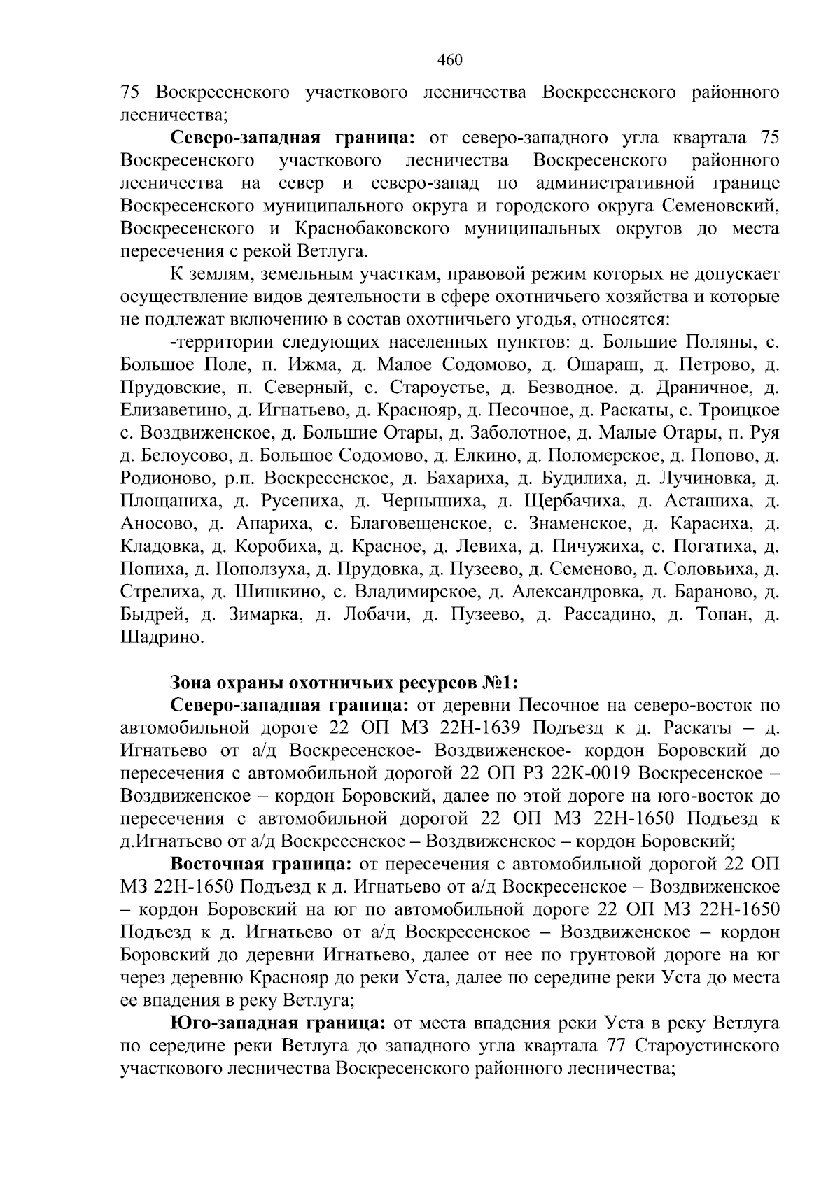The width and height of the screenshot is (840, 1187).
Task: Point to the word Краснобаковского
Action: [x=372, y=229]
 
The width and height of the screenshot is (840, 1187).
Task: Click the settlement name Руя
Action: [x=764, y=433]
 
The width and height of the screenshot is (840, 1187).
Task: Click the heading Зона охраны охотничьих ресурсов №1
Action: [x=344, y=682]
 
